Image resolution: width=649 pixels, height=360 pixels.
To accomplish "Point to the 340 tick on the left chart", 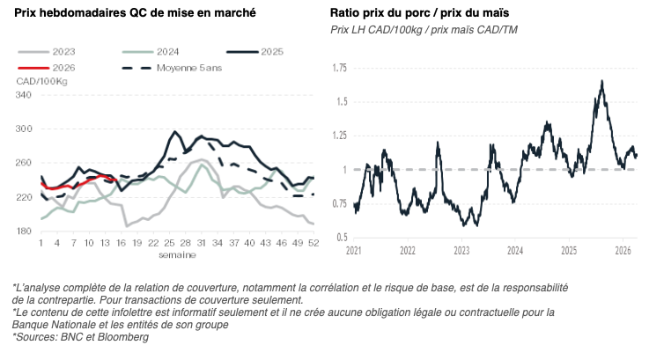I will pos(24,95).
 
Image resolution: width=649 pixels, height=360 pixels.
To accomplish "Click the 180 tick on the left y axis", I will pos(24,231).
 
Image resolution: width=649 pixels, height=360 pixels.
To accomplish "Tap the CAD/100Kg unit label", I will pos(41,81).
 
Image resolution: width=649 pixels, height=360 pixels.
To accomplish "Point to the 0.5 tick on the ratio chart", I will pos(341,238).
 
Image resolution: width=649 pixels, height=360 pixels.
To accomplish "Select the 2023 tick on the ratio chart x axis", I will pos(461,251).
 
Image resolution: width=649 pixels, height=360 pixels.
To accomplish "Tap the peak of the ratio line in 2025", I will pos(601,81).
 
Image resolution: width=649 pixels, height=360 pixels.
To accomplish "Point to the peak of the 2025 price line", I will pos(175,132).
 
